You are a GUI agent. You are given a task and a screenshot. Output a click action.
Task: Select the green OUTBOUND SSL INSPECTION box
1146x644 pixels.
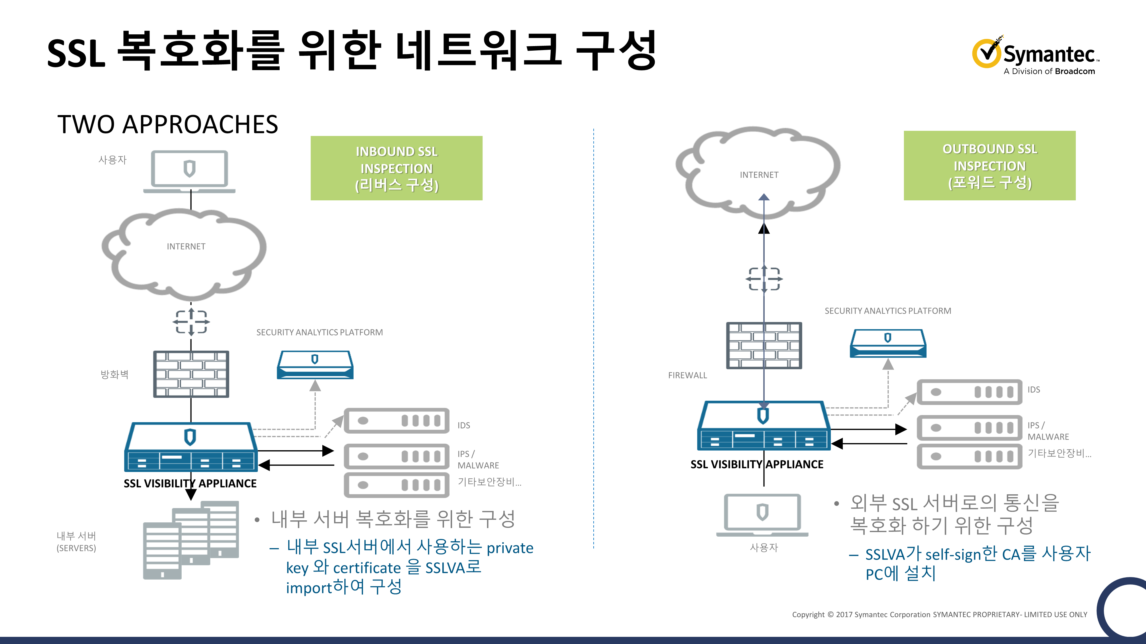click(x=989, y=165)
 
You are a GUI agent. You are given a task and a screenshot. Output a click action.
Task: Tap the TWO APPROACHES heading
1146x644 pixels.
click(x=168, y=125)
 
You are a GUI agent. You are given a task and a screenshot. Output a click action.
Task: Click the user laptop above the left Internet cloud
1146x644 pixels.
click(x=189, y=171)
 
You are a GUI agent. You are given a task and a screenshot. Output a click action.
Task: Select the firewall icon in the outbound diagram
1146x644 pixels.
click(x=764, y=345)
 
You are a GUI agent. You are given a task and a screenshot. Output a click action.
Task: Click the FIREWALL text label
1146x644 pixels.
click(x=687, y=376)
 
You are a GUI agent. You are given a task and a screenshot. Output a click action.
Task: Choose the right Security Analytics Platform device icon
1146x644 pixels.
click(x=888, y=343)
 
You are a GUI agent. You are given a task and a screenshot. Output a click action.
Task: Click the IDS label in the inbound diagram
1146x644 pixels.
click(x=464, y=425)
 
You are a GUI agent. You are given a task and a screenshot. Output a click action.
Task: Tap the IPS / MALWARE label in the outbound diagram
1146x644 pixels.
click(x=1048, y=431)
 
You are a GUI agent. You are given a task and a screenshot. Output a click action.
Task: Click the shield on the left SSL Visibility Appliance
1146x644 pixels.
click(x=190, y=437)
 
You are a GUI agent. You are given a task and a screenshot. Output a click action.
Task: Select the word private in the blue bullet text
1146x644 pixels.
click(x=510, y=548)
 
